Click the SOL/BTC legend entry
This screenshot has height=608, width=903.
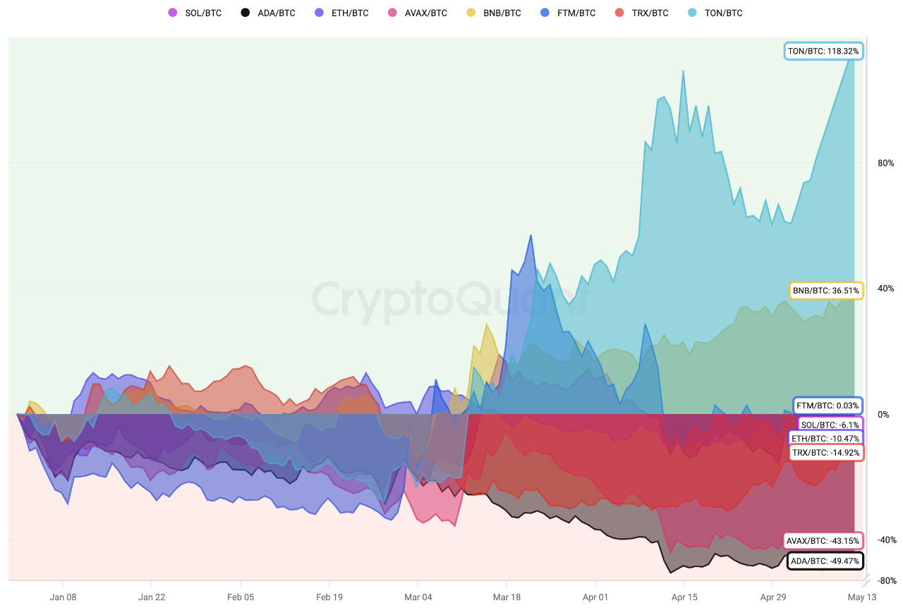195,13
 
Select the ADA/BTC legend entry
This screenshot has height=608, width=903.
269,13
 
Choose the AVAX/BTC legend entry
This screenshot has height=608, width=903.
418,13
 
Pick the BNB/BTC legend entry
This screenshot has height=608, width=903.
495,13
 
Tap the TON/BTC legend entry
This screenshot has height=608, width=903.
717,13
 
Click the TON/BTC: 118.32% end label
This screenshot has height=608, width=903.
823,51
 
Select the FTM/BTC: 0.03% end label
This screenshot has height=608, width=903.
828,406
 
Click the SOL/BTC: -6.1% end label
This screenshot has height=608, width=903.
830,425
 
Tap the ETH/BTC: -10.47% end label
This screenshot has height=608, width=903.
825,439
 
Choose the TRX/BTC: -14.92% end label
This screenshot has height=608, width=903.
825,452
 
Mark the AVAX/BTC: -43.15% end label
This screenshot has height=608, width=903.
823,541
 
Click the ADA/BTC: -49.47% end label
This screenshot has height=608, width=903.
824,561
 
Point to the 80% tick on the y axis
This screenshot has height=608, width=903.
885,163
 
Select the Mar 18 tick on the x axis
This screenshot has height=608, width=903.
506,597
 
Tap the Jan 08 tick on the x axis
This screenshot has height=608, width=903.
62,597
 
